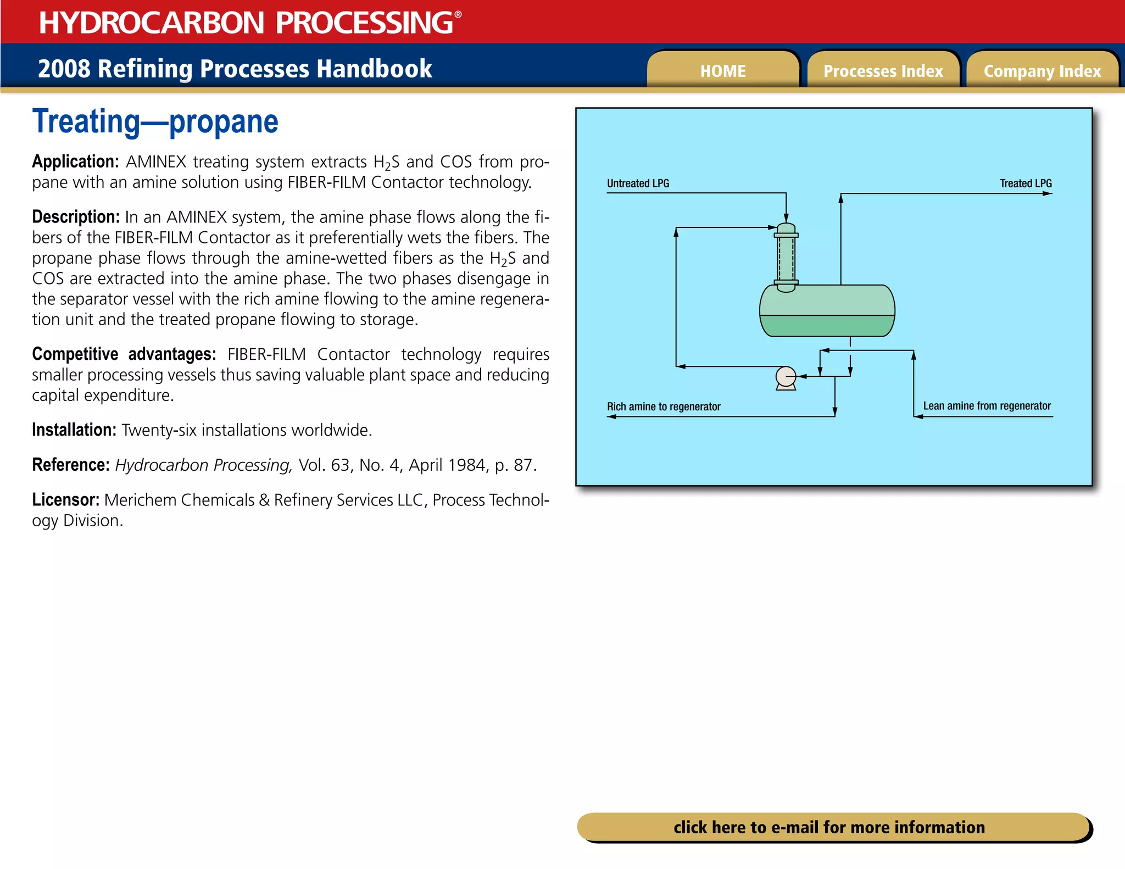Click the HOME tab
click(723, 71)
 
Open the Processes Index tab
click(883, 71)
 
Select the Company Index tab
click(1042, 71)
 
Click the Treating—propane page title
click(155, 122)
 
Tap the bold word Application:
click(75, 161)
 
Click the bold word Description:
click(76, 217)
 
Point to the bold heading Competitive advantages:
click(124, 354)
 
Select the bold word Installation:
click(74, 430)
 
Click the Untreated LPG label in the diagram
click(638, 183)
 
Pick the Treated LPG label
click(1025, 183)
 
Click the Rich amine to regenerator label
click(663, 406)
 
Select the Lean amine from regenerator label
click(987, 406)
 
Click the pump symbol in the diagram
click(786, 377)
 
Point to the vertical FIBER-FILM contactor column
click(786, 258)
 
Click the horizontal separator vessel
click(827, 310)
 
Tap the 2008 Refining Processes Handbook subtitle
click(235, 69)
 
